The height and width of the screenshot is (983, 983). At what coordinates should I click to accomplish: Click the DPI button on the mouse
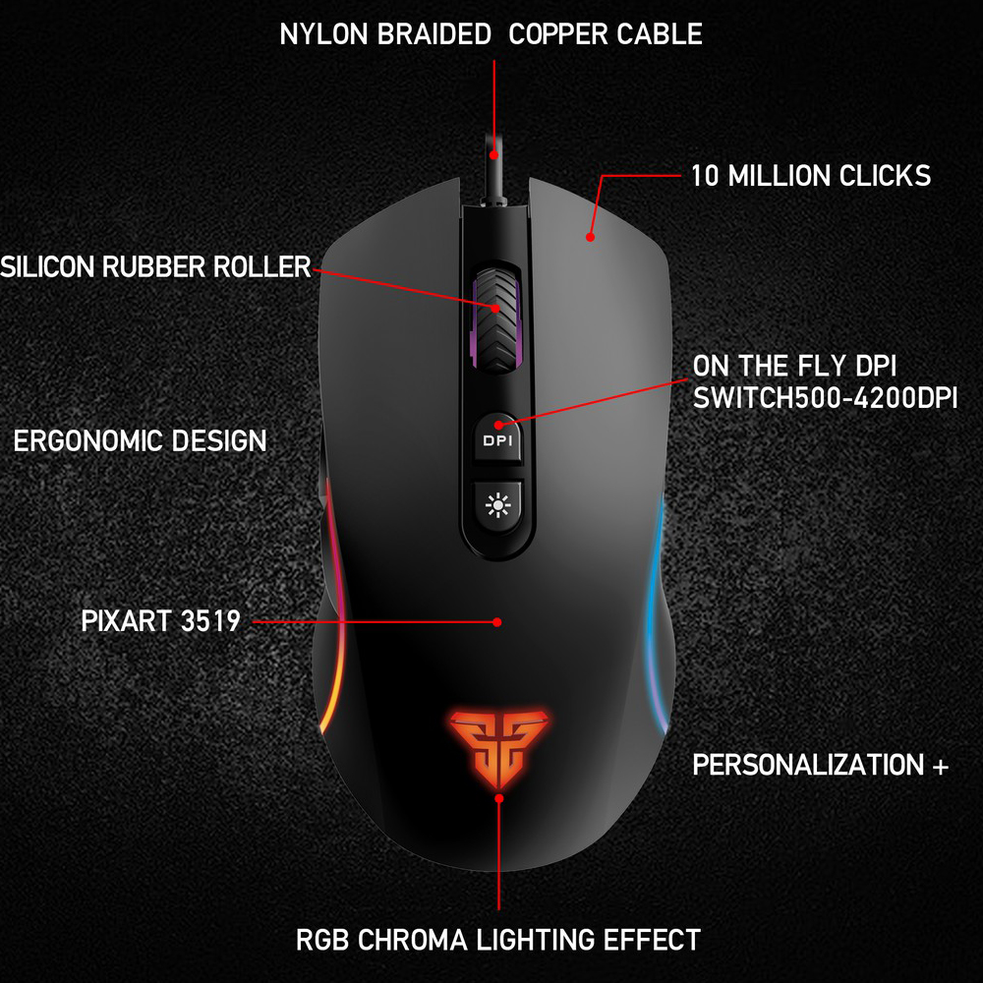pos(497,438)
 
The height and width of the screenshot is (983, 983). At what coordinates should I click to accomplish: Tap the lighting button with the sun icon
pos(497,505)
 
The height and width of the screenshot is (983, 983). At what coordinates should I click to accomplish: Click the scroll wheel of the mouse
pos(496,319)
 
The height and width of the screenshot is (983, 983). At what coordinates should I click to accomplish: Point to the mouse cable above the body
pos(493,166)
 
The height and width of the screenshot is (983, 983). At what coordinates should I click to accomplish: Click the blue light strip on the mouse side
pos(656,614)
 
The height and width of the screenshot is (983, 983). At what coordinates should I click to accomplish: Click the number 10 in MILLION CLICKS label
pos(704,176)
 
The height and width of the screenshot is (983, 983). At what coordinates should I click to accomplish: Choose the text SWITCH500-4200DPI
pos(825,398)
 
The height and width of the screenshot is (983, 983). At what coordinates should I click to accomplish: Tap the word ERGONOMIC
pos(88,441)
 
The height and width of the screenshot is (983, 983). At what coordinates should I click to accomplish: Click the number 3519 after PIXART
pos(210,621)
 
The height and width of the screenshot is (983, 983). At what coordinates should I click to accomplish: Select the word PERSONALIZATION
pos(808,766)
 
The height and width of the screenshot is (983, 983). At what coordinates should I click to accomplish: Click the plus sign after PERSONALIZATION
pos(940,766)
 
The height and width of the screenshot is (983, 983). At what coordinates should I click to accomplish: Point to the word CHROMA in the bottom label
pos(413,941)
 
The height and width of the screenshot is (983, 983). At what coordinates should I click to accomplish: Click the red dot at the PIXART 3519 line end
pos(497,622)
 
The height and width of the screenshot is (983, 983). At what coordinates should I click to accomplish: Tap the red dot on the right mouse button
pos(590,237)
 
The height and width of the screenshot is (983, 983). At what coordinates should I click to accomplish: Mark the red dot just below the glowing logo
pos(499,798)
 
